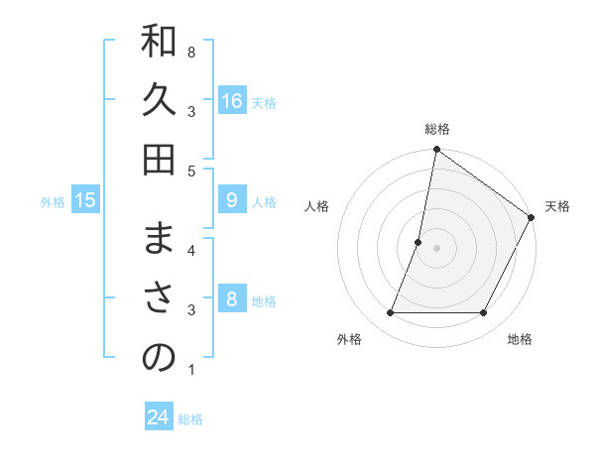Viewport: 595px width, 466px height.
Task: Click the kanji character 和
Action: tap(159, 42)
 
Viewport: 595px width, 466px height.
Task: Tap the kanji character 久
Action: tap(159, 101)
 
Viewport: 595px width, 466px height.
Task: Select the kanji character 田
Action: tap(159, 160)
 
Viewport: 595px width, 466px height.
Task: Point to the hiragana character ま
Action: tap(159, 240)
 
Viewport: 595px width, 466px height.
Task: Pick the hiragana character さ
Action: tap(159, 299)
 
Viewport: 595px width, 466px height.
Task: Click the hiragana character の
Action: tap(159, 358)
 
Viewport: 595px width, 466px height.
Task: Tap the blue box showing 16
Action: tap(232, 101)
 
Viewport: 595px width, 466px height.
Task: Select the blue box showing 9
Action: tap(232, 200)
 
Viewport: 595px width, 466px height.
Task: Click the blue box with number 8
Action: tap(232, 299)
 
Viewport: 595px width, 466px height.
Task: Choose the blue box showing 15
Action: tap(85, 200)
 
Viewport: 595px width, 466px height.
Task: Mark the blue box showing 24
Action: tap(159, 417)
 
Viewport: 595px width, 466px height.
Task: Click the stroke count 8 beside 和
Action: tap(191, 52)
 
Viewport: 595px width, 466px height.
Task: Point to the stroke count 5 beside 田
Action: tap(191, 171)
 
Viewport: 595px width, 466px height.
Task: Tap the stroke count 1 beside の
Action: tap(191, 370)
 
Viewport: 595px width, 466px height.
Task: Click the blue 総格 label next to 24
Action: tap(191, 419)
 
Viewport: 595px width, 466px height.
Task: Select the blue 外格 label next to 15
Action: tap(53, 202)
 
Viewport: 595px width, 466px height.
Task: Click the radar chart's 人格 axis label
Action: tap(317, 206)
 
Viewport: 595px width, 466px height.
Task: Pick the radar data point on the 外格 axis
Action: tap(390, 313)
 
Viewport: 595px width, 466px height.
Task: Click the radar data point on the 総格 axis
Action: tap(436, 151)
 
